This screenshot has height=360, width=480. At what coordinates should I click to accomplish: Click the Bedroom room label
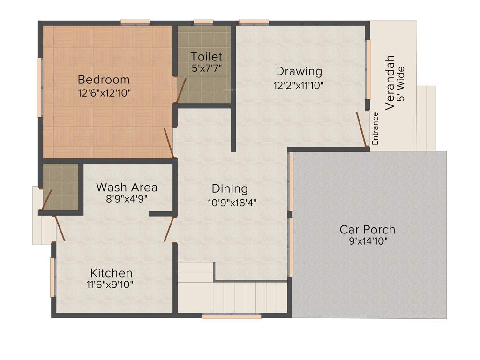[104, 79]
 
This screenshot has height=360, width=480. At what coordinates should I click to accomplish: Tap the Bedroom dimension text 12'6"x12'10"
[104, 93]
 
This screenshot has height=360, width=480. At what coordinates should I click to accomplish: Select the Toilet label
[206, 57]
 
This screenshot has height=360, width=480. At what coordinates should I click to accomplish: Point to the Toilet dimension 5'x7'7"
[206, 68]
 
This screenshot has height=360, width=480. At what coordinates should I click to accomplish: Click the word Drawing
[299, 71]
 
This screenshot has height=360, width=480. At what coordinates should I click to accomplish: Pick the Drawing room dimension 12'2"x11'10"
[299, 85]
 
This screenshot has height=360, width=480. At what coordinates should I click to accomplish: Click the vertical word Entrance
[375, 128]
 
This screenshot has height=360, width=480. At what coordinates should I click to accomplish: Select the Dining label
[230, 188]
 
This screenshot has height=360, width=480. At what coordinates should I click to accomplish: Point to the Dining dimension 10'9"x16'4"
[232, 202]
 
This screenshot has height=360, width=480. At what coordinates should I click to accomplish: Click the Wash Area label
[127, 187]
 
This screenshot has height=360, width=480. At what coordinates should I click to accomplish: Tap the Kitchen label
[111, 273]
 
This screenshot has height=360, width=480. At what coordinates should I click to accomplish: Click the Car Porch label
[367, 230]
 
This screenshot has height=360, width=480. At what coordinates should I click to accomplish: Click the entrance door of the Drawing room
[361, 129]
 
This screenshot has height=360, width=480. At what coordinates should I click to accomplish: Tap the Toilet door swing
[180, 90]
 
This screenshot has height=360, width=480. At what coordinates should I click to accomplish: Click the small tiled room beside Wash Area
[60, 187]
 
